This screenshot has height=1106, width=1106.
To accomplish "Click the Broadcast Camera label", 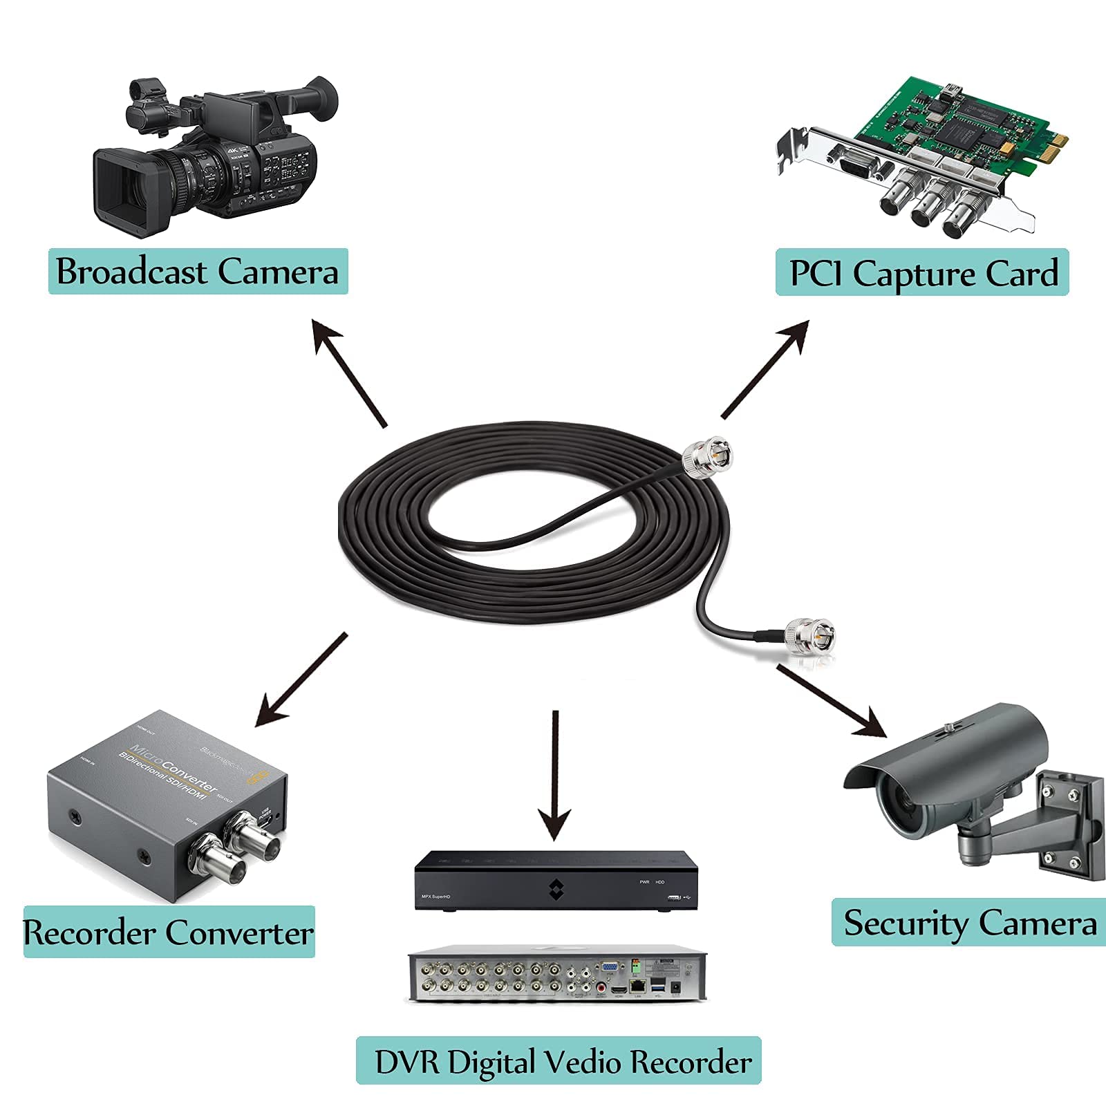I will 198,272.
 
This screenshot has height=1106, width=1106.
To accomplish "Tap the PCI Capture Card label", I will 922,273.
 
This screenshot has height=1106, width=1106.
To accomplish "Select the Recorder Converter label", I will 169,932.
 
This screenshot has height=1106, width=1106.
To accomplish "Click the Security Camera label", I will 969,923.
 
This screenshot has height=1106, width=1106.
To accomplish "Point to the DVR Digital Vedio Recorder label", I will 559,1061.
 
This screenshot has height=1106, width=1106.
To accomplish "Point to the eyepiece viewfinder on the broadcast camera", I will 321,97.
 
